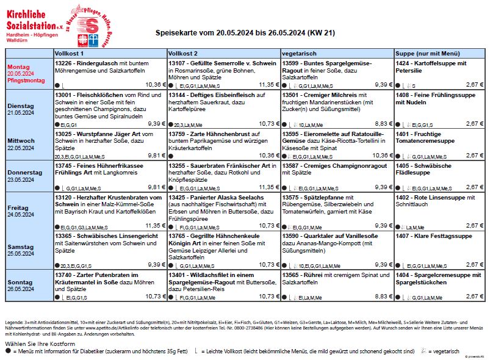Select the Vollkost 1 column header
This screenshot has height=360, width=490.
[69, 53]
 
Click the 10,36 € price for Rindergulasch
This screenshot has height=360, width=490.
[156, 85]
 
